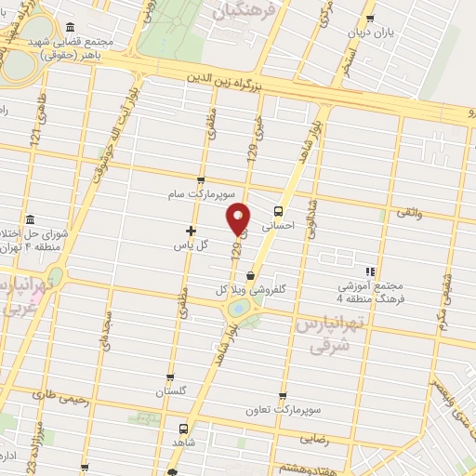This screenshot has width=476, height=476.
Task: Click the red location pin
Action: click(x=239, y=218)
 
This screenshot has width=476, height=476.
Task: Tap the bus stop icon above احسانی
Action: click(x=280, y=209)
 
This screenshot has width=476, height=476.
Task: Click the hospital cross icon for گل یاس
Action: click(x=192, y=230)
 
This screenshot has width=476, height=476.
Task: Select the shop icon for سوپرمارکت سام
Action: click(x=200, y=181)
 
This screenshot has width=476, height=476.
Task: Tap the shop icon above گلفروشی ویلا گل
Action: click(x=249, y=274)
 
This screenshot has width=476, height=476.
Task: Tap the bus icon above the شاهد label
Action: click(x=180, y=430)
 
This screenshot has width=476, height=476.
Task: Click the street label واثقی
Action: click(x=409, y=213)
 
